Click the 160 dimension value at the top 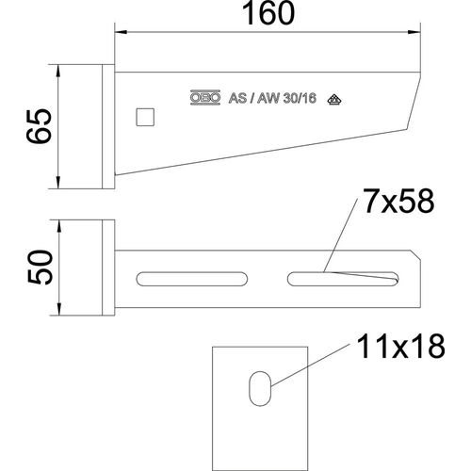click(267, 15)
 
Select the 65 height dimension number click(39, 125)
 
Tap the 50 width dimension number click(39, 268)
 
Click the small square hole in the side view click(146, 117)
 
